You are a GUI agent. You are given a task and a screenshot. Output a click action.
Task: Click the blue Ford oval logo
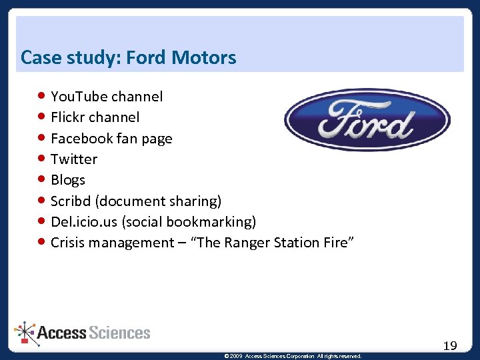click(367, 121)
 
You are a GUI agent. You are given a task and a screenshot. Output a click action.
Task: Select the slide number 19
click(450, 345)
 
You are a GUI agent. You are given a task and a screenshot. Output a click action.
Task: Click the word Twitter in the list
click(74, 159)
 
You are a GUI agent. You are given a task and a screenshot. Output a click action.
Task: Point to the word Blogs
click(68, 180)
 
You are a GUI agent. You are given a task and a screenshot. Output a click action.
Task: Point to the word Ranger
click(249, 243)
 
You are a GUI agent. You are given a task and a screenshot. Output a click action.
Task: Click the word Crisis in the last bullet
click(70, 243)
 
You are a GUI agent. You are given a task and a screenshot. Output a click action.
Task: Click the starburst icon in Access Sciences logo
click(26, 332)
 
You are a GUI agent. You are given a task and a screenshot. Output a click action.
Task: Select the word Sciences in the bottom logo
click(119, 333)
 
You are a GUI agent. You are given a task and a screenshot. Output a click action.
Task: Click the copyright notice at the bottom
click(293, 357)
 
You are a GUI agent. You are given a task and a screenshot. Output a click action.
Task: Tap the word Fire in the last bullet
click(333, 243)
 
